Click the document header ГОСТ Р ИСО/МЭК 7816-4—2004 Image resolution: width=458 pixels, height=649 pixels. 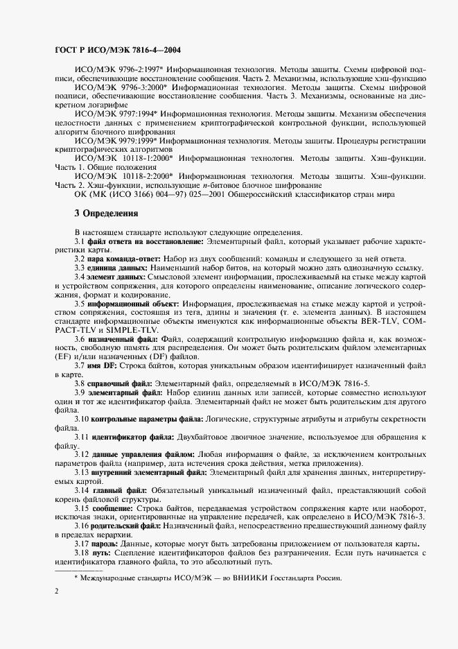pyautogui.click(x=118, y=51)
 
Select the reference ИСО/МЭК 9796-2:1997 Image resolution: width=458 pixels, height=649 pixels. pyautogui.click(x=112, y=70)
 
